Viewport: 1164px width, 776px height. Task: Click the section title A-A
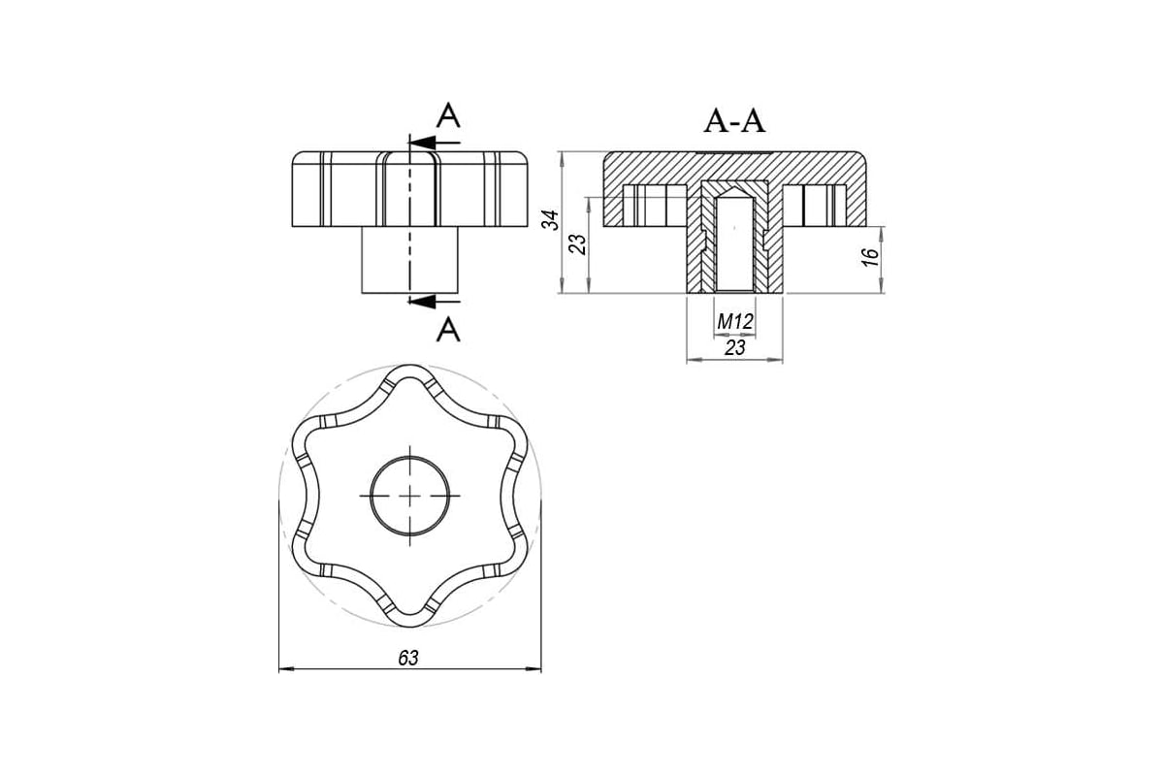point(734,122)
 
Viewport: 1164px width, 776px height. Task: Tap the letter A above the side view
point(448,115)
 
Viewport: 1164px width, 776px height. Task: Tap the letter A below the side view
point(448,330)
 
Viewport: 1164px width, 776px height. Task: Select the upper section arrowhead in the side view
point(422,143)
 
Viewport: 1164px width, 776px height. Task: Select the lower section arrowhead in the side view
point(422,301)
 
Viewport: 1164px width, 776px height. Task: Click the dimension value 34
point(550,220)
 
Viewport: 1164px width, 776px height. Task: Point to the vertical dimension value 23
point(578,244)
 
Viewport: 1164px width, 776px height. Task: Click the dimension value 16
point(870,257)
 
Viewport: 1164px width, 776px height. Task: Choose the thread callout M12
point(735,322)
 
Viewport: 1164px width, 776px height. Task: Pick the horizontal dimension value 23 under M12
point(735,347)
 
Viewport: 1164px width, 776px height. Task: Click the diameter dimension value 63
point(408,659)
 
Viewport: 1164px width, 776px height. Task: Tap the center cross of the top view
point(410,496)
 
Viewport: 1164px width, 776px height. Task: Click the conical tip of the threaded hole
point(734,193)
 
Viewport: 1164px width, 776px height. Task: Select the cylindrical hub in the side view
point(410,260)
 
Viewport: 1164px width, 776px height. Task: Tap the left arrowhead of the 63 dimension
point(287,669)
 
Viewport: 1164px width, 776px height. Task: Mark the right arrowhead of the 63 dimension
point(533,669)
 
